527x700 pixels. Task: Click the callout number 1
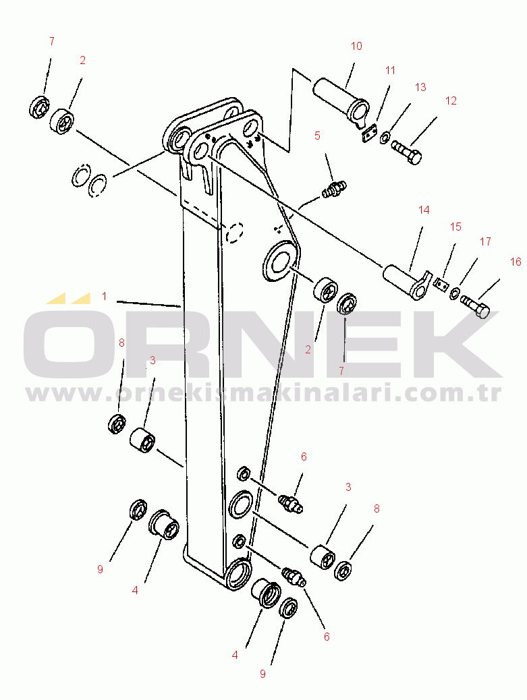click(x=105, y=295)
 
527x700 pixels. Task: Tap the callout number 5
click(x=317, y=136)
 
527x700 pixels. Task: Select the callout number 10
click(x=356, y=46)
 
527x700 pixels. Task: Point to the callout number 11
click(x=391, y=70)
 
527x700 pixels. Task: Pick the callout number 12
click(x=451, y=100)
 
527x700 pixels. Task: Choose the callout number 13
click(x=420, y=87)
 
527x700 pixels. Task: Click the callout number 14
click(x=424, y=210)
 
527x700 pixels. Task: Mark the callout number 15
click(x=456, y=227)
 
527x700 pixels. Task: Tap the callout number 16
click(x=516, y=262)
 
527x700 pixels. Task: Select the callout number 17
click(x=486, y=241)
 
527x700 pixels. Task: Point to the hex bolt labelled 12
click(x=407, y=151)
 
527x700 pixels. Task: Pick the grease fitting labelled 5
click(x=334, y=188)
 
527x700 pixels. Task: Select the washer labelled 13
click(x=384, y=139)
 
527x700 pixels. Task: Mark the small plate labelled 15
click(x=441, y=285)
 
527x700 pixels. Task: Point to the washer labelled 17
click(x=455, y=293)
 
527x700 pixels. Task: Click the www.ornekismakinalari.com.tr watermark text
click(x=263, y=393)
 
